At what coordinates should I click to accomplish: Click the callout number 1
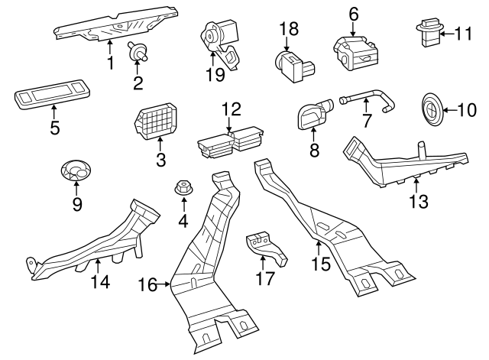tap(110, 63)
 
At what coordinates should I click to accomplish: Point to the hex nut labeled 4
tap(183, 187)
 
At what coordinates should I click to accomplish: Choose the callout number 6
tap(354, 13)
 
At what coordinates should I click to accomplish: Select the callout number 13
tap(419, 203)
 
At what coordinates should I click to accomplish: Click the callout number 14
tap(100, 282)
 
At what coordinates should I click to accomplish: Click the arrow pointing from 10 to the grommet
tap(449, 109)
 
